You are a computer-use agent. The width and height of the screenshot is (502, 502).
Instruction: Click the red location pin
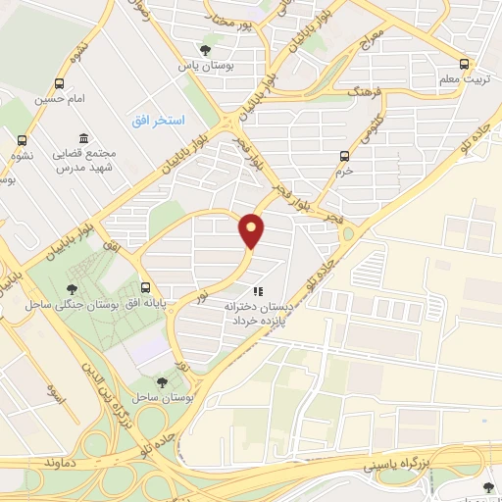tap(252, 229)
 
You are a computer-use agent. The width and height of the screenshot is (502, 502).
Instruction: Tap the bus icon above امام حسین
tap(61, 84)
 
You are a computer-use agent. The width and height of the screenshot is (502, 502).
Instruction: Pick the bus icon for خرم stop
tap(344, 155)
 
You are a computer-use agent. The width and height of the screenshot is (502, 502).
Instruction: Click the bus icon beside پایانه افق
tap(146, 288)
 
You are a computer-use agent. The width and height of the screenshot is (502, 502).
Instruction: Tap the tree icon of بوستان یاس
tap(205, 50)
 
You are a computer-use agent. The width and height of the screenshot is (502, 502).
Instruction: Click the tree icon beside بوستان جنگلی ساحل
tap(72, 288)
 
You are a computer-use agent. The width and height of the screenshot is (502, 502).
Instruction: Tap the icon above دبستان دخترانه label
tap(258, 291)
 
